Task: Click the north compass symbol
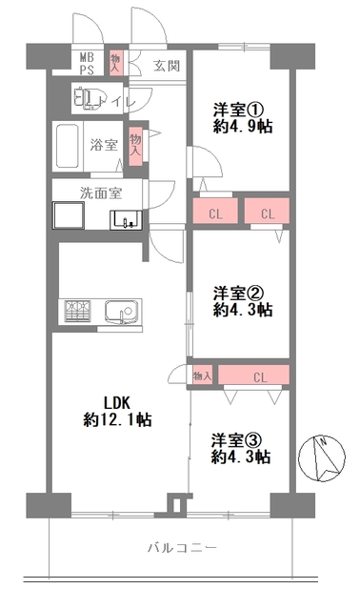click(x=322, y=458)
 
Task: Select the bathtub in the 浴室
click(x=69, y=146)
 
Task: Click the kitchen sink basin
click(x=121, y=311)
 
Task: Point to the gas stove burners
click(x=77, y=311)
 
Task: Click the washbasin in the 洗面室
click(x=126, y=220)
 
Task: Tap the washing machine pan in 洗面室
click(x=69, y=215)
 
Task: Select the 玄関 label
click(x=167, y=66)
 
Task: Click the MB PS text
click(x=87, y=64)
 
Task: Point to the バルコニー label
click(x=182, y=548)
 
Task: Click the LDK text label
click(x=116, y=403)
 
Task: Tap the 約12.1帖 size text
click(x=117, y=420)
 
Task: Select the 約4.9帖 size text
click(x=243, y=127)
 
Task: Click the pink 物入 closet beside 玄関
click(x=115, y=63)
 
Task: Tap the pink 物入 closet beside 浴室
click(x=135, y=145)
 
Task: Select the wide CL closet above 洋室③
click(x=253, y=375)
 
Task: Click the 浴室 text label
click(x=104, y=145)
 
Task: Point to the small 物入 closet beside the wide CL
click(x=203, y=376)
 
